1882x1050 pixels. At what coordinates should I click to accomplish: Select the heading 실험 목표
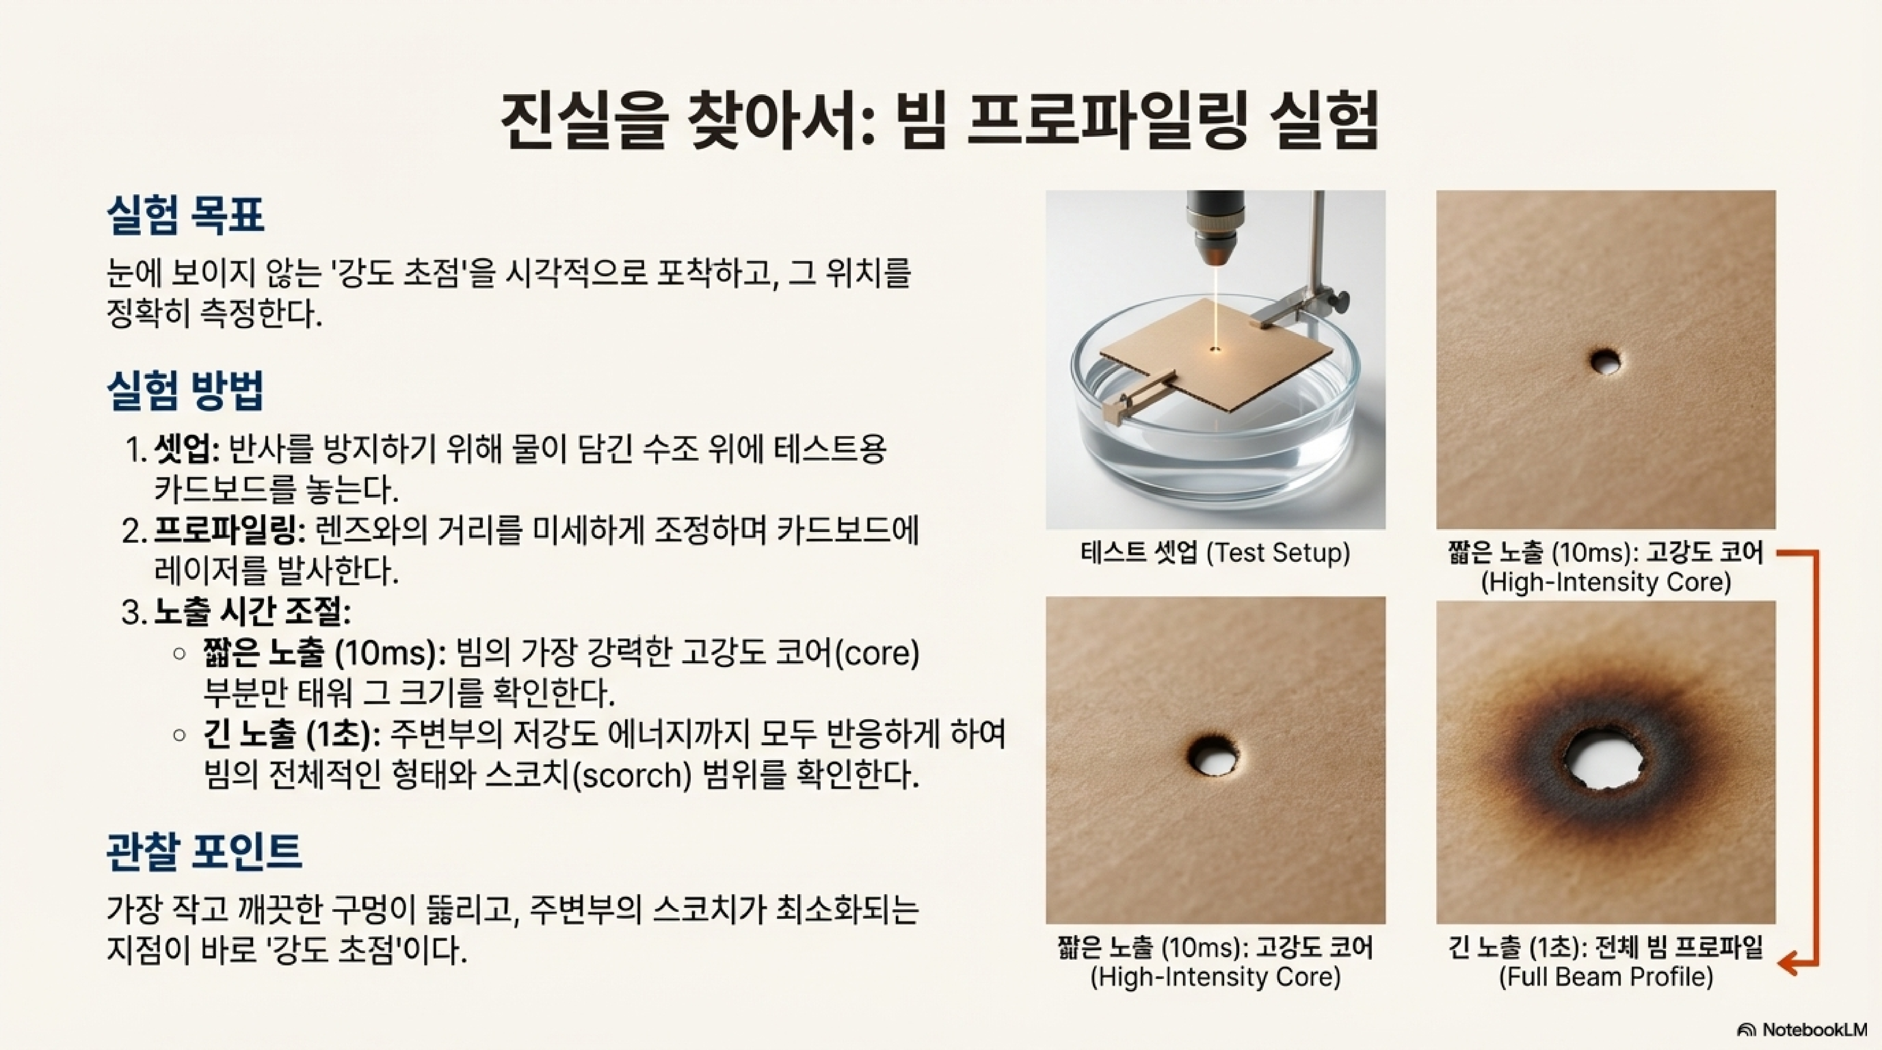coord(185,215)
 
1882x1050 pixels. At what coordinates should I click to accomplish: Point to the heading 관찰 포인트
coord(205,851)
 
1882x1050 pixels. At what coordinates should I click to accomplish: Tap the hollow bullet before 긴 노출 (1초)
coord(180,735)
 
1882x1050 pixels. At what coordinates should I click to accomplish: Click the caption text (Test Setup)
coord(1278,553)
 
